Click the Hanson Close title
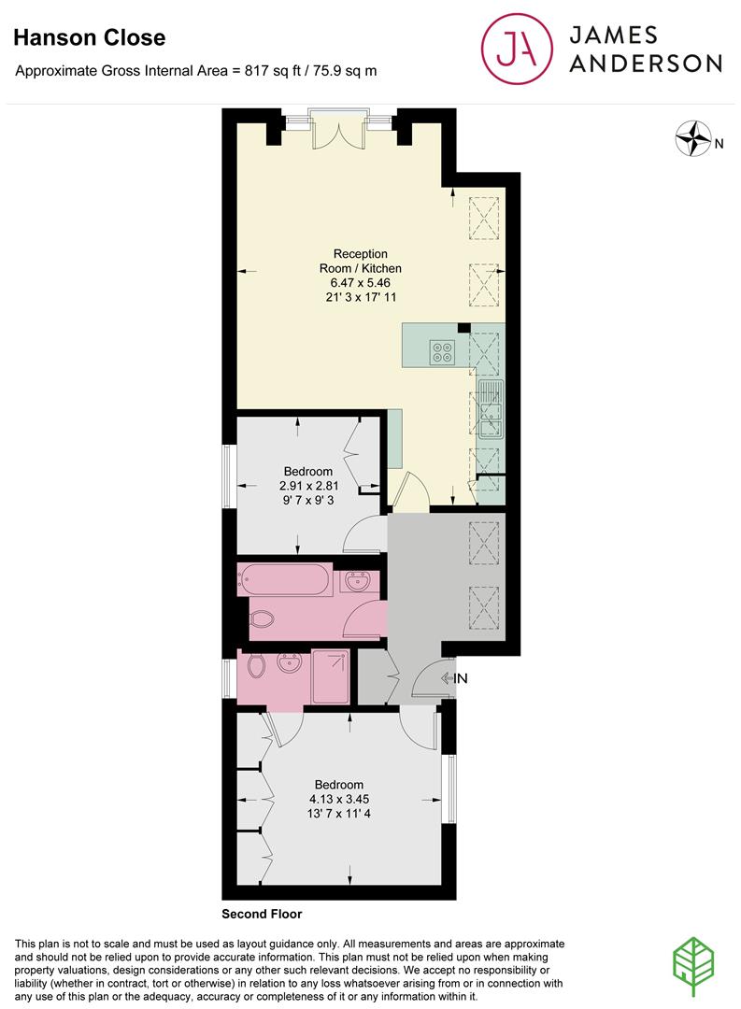(x=90, y=37)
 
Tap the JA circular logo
(x=517, y=49)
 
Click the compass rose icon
(x=693, y=138)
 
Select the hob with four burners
(x=442, y=352)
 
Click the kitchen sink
(x=490, y=409)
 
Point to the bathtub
(x=285, y=579)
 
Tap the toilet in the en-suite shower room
(x=256, y=666)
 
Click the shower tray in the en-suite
(x=330, y=676)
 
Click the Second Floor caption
(x=262, y=914)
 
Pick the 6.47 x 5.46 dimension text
(x=360, y=282)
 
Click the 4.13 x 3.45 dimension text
(x=338, y=799)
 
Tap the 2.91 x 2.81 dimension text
(x=308, y=486)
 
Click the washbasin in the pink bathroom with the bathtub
(x=356, y=582)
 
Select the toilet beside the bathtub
(x=262, y=619)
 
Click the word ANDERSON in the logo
(x=646, y=64)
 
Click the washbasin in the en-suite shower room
(x=289, y=662)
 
